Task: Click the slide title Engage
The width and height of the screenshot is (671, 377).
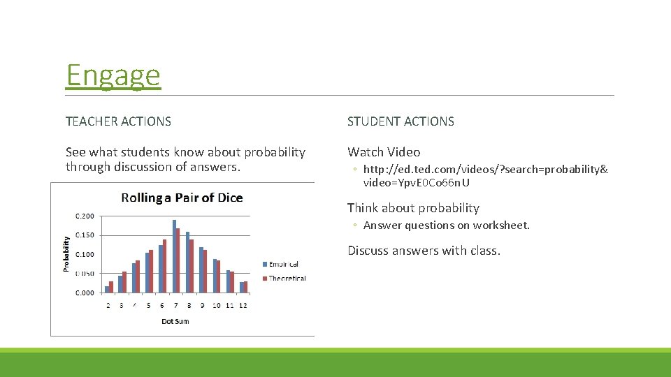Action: pyautogui.click(x=113, y=75)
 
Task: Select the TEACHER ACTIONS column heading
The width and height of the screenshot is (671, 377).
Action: pyautogui.click(x=118, y=121)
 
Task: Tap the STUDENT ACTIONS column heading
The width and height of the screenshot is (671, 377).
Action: pyautogui.click(x=401, y=121)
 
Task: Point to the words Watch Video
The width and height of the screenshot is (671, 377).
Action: pyautogui.click(x=384, y=152)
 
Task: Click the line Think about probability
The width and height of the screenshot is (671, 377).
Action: pyautogui.click(x=413, y=208)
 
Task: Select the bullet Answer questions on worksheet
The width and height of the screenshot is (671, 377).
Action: pyautogui.click(x=446, y=226)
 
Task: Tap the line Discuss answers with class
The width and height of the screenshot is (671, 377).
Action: pyautogui.click(x=424, y=251)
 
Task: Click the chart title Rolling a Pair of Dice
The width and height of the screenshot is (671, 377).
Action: pyautogui.click(x=182, y=198)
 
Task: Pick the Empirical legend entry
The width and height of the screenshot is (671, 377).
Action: pyautogui.click(x=283, y=264)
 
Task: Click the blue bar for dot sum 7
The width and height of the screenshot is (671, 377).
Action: pyautogui.click(x=175, y=256)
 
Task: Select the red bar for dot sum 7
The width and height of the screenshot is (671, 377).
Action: pyautogui.click(x=178, y=260)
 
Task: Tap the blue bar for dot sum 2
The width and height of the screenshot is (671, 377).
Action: pyautogui.click(x=107, y=289)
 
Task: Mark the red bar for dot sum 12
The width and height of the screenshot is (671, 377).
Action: pyautogui.click(x=245, y=286)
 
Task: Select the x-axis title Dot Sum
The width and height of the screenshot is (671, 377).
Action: pyautogui.click(x=175, y=321)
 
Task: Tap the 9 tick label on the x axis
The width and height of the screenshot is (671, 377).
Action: pyautogui.click(x=202, y=305)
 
